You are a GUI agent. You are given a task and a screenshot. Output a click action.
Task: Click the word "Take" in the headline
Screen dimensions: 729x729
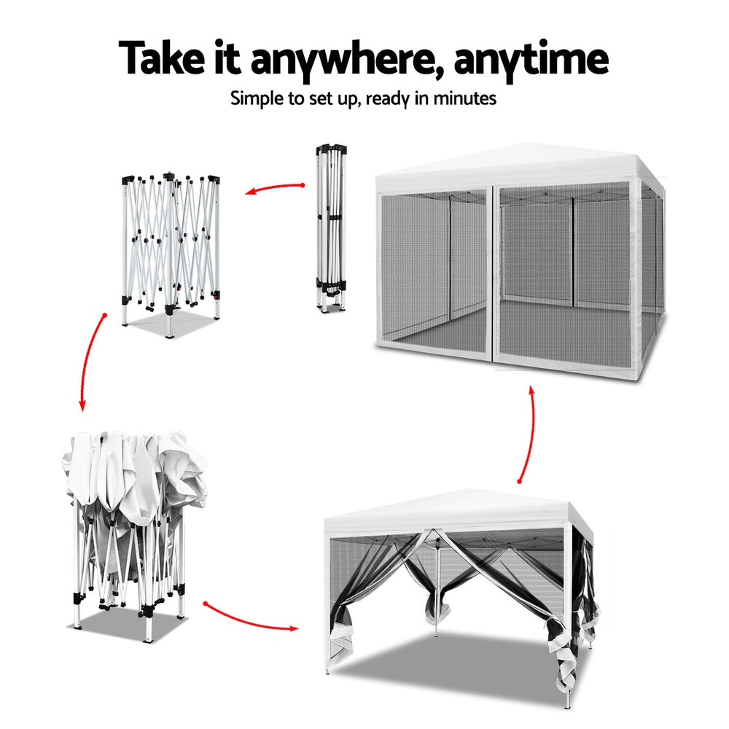click(161, 58)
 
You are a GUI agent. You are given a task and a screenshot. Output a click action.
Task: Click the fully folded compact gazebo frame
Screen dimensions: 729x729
click(332, 227)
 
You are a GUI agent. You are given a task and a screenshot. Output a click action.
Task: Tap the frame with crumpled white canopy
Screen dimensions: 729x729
click(135, 534)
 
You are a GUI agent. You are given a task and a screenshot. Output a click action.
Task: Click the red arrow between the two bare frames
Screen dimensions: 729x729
click(273, 187)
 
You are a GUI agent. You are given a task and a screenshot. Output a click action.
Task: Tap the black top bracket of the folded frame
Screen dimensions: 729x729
click(332, 149)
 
